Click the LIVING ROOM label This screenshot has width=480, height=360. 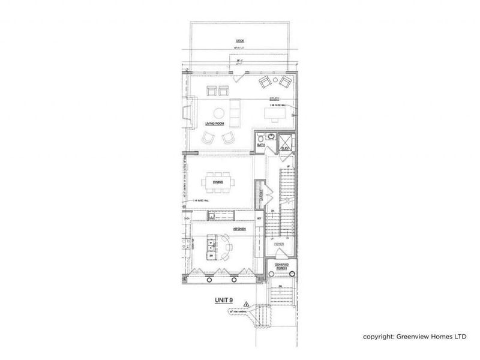215,124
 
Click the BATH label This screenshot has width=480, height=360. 262,144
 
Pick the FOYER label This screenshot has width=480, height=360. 278,244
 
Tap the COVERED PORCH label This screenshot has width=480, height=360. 282,266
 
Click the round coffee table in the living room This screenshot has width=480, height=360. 218,112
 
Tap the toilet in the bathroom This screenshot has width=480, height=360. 261,136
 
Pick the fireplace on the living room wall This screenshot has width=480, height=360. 188,114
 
